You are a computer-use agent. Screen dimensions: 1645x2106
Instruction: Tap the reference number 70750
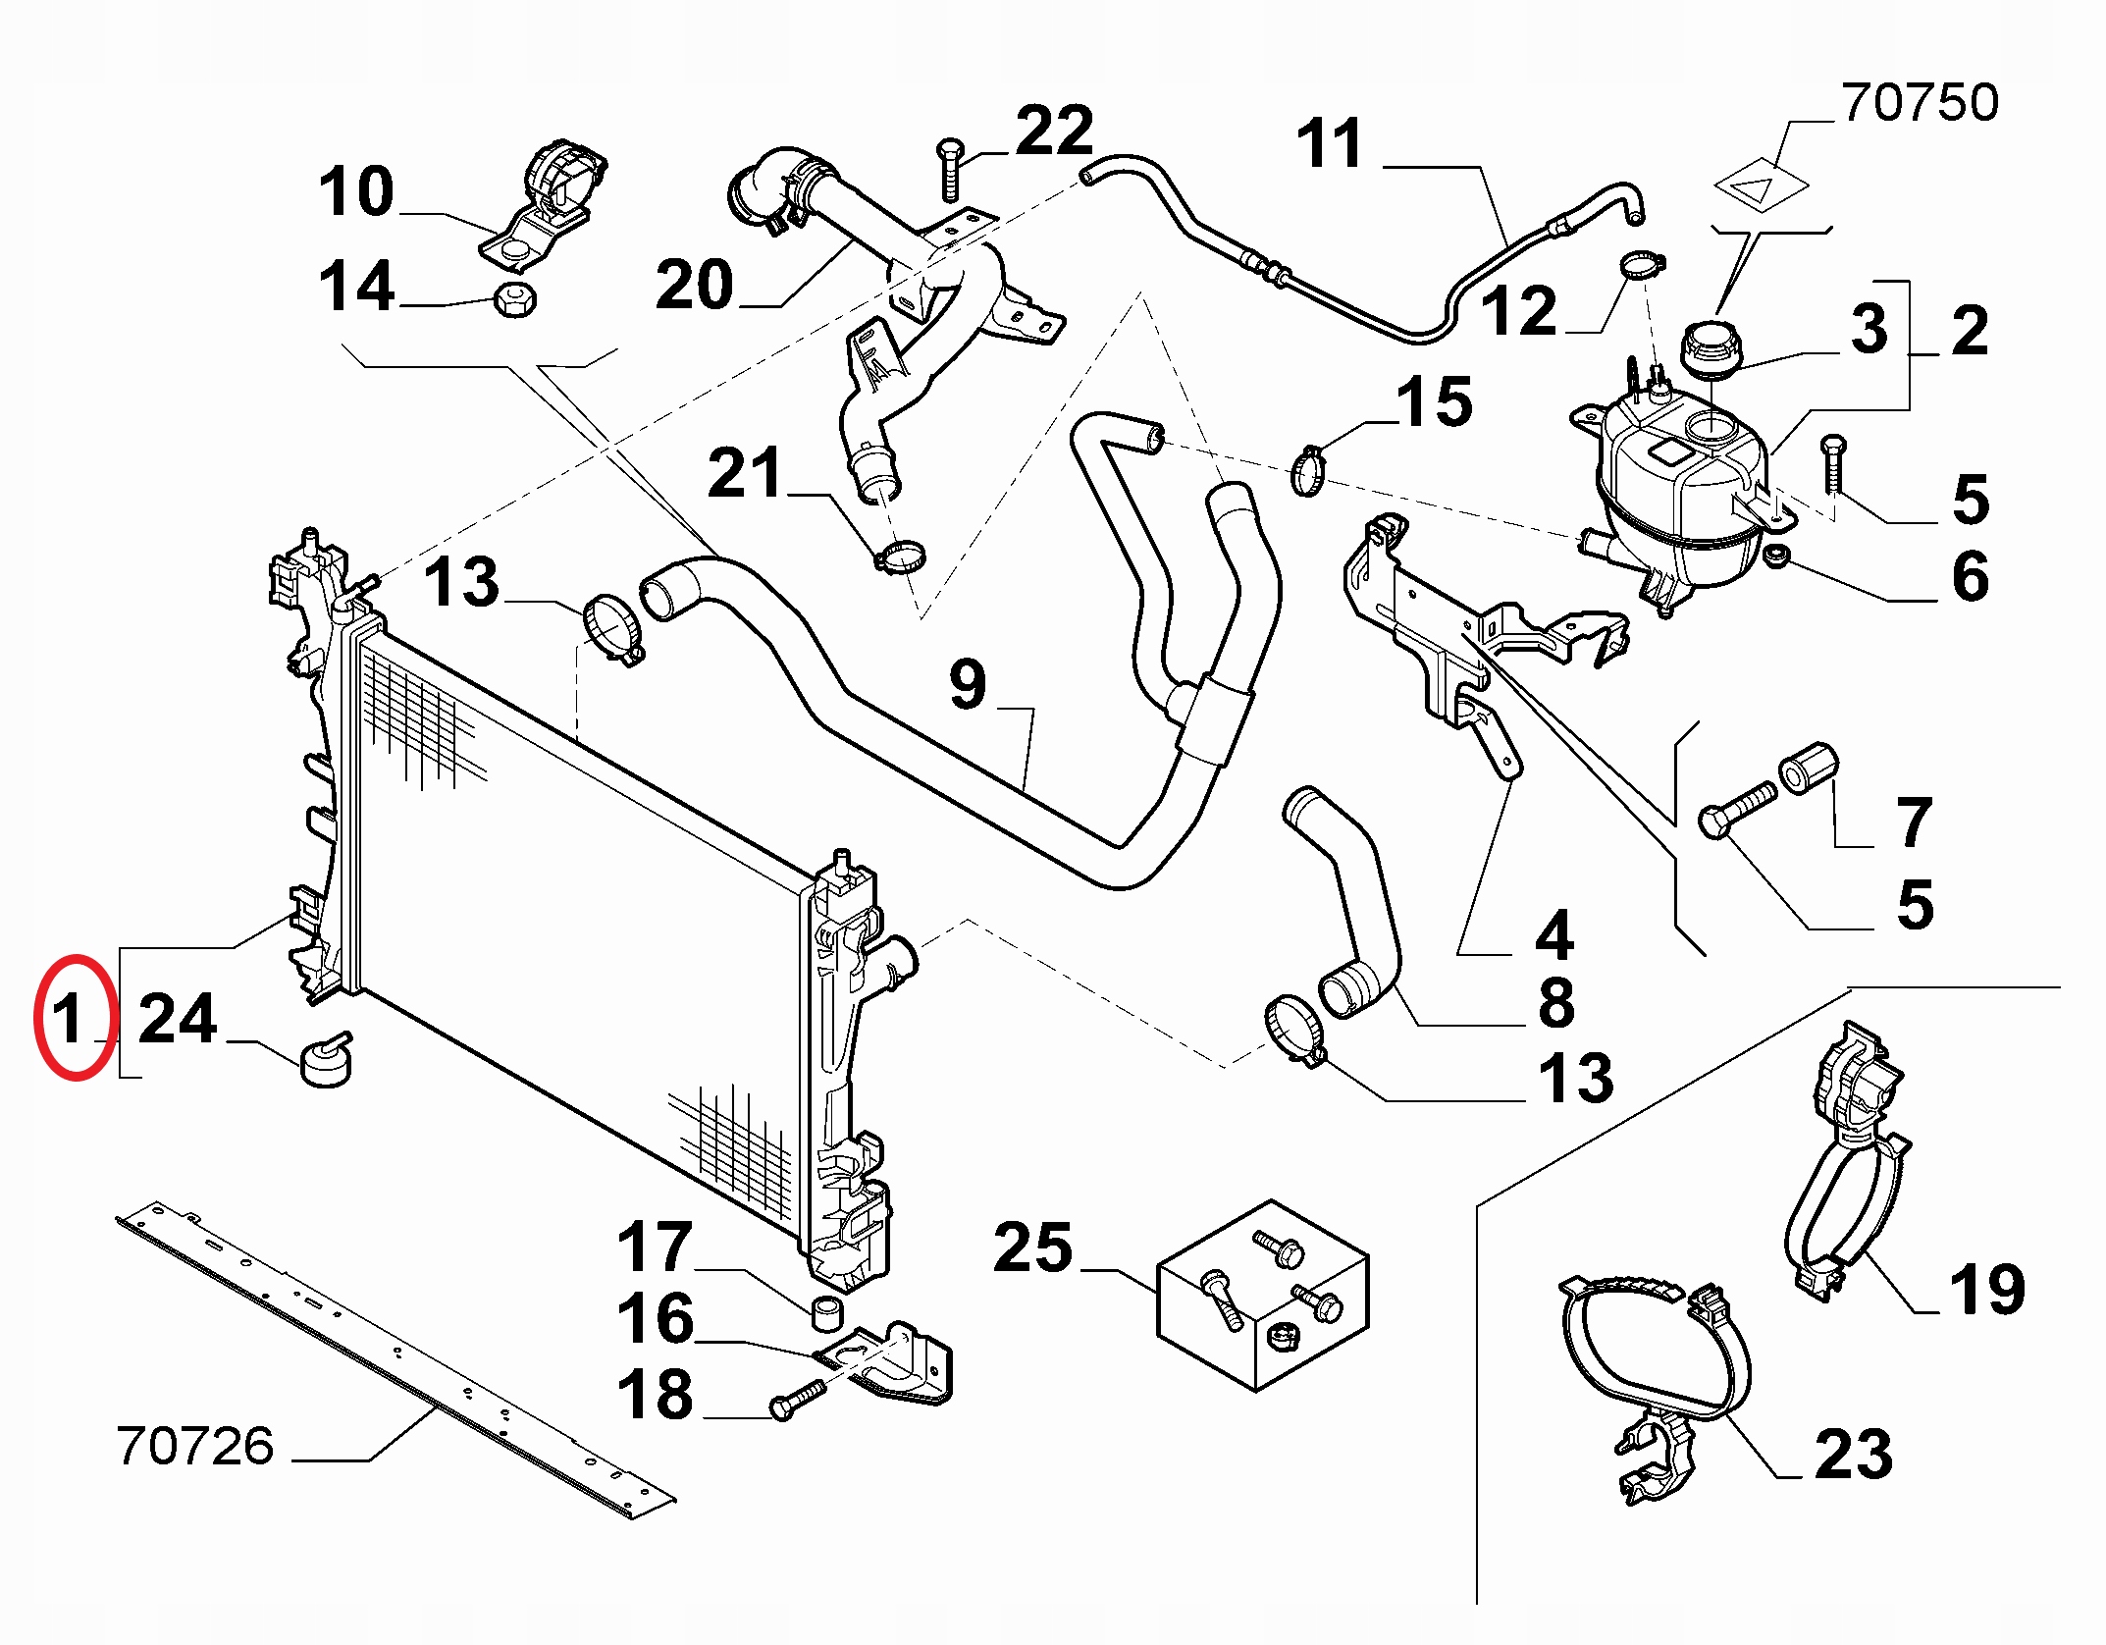[x=1920, y=104]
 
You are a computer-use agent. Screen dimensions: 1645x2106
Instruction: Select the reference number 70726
[x=195, y=1446]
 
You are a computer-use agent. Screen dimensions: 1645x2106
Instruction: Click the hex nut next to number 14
[x=513, y=298]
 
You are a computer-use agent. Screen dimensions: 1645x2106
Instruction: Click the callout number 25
[x=1032, y=1248]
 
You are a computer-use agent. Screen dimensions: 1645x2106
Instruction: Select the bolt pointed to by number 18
[x=799, y=1398]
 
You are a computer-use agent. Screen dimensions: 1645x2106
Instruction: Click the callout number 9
[x=968, y=684]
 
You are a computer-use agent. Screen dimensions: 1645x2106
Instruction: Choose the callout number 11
[x=1330, y=144]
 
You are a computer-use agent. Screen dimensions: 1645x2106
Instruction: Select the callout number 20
[x=694, y=285]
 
